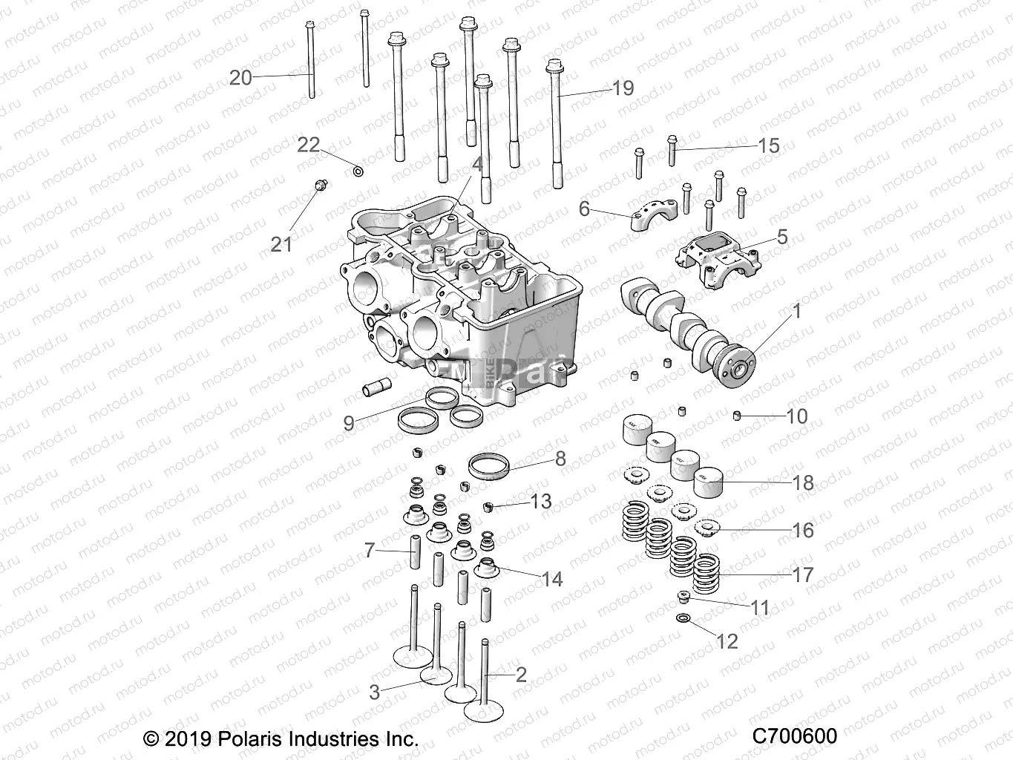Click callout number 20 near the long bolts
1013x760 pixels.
pos(240,77)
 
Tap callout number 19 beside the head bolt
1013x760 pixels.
pos(623,88)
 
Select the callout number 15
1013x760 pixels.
pos(769,145)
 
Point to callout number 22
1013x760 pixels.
pos(308,144)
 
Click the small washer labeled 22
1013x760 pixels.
pos(358,173)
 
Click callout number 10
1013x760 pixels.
pos(796,416)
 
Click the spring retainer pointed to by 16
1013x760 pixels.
pos(708,528)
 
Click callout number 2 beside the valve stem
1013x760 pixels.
pos(521,674)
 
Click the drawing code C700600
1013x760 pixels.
pos(794,736)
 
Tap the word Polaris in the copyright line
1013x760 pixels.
pos(251,739)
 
